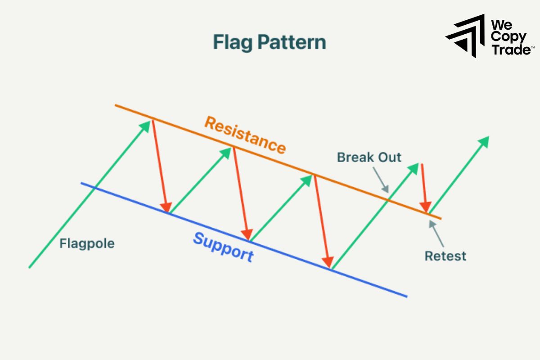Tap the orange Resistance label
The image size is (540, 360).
tap(245, 135)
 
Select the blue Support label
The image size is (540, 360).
tap(223, 247)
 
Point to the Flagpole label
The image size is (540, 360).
tap(87, 244)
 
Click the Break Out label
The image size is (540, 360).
tap(369, 157)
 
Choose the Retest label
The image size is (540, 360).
tap(445, 256)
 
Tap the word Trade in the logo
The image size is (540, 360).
tap(509, 49)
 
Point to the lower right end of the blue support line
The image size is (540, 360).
tap(406, 297)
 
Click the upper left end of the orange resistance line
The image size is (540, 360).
tap(116, 105)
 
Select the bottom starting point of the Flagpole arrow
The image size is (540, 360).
tap(29, 268)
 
